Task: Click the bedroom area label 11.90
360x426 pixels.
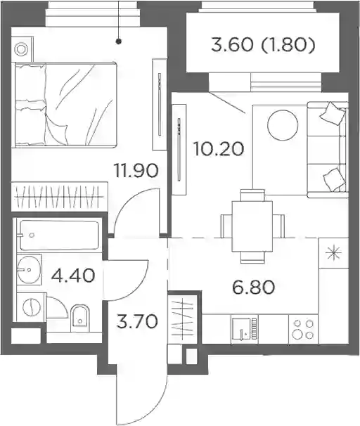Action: (136, 171)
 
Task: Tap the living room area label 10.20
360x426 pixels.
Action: (219, 149)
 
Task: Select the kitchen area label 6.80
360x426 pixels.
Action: (254, 288)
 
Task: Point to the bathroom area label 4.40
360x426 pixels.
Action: (73, 276)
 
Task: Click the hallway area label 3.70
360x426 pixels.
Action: (136, 321)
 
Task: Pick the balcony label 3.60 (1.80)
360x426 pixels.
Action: (263, 45)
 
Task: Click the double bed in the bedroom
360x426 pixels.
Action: (66, 105)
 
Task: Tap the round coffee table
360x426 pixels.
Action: (283, 125)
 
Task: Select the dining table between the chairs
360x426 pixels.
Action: (252, 226)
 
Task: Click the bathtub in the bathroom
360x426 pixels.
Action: (59, 235)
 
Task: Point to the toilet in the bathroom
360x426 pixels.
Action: (80, 318)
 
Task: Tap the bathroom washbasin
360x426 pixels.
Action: (29, 270)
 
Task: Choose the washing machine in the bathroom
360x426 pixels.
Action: (32, 307)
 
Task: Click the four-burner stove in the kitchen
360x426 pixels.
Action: (303, 329)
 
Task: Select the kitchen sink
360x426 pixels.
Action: (244, 329)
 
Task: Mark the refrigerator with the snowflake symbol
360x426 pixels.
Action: (334, 253)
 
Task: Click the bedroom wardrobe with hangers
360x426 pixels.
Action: (59, 196)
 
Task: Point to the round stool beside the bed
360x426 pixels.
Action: (21, 50)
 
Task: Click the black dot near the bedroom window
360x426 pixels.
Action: (119, 41)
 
